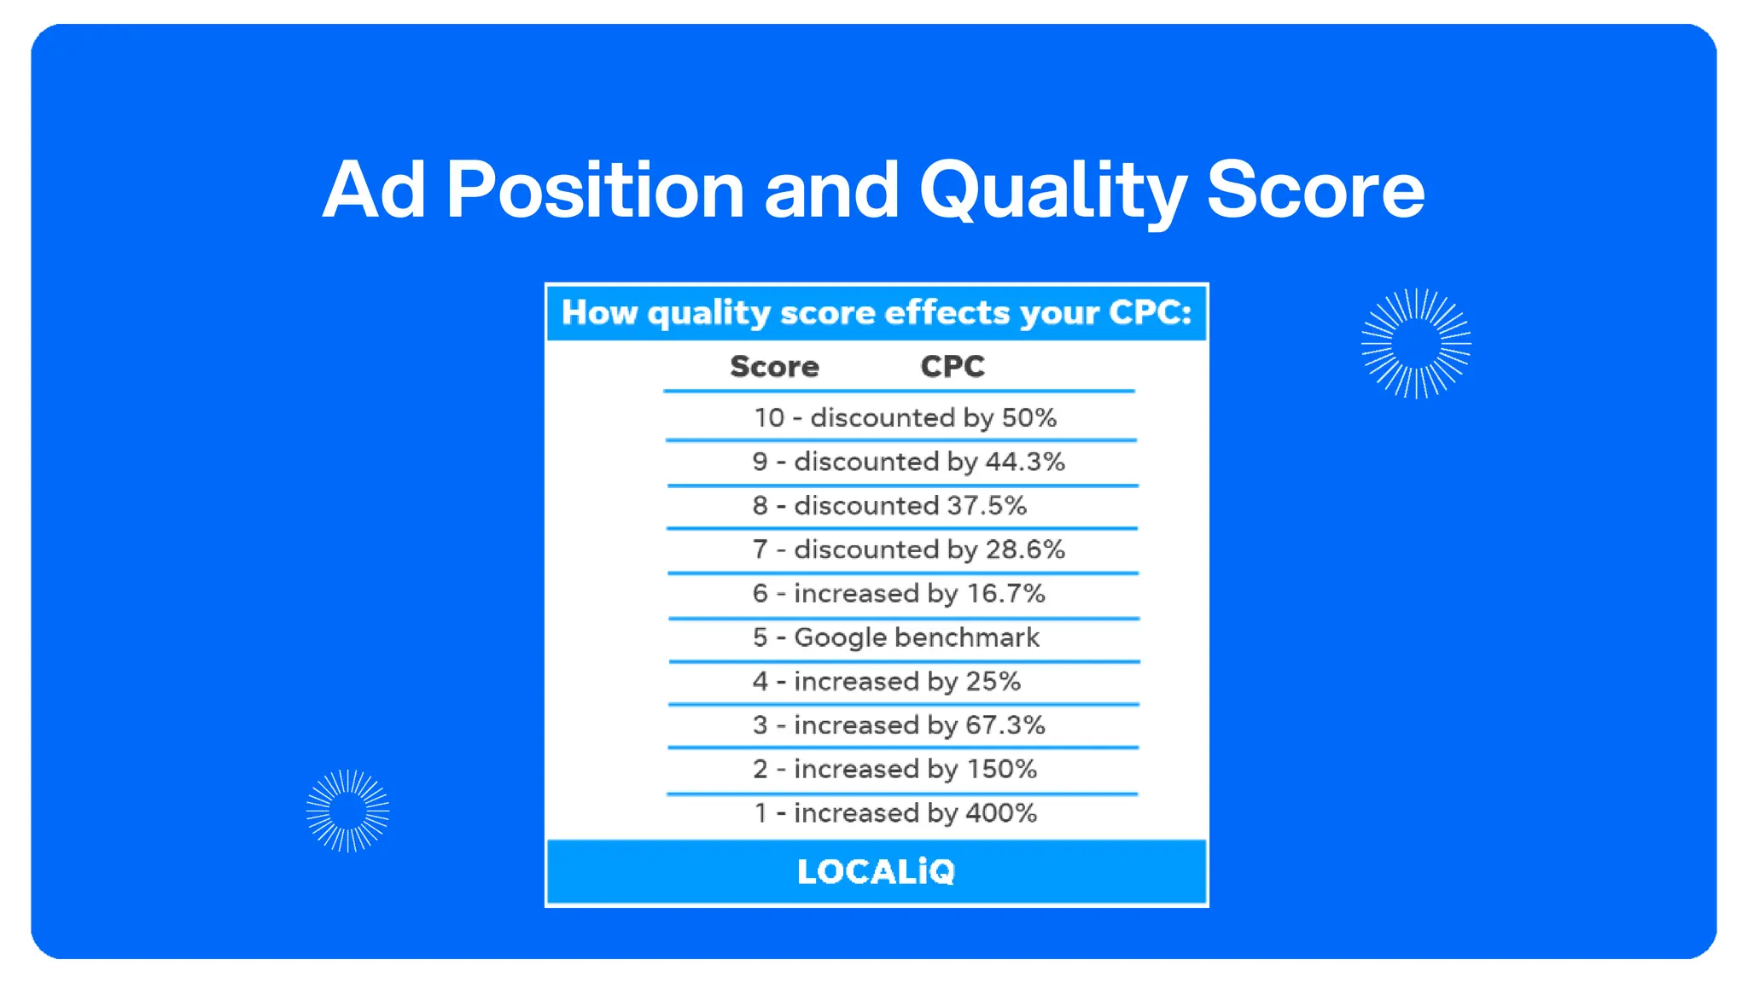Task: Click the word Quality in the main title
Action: (x=1052, y=191)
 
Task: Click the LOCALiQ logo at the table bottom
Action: (x=876, y=871)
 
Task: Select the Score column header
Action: (x=774, y=367)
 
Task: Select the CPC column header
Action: (x=953, y=367)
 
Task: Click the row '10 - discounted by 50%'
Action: (x=904, y=417)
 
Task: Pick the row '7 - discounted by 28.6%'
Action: (x=908, y=550)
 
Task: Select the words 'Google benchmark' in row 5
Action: (x=917, y=637)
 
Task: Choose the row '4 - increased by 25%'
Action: (x=886, y=681)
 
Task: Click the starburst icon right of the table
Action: (x=1416, y=343)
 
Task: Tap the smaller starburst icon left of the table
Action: (x=347, y=811)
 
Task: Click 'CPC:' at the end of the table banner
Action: (x=1150, y=313)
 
